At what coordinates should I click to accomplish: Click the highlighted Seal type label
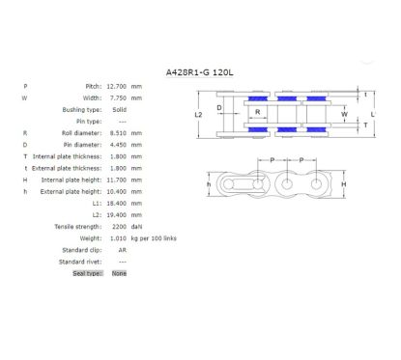(88, 273)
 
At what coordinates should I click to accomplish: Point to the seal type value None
(119, 273)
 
